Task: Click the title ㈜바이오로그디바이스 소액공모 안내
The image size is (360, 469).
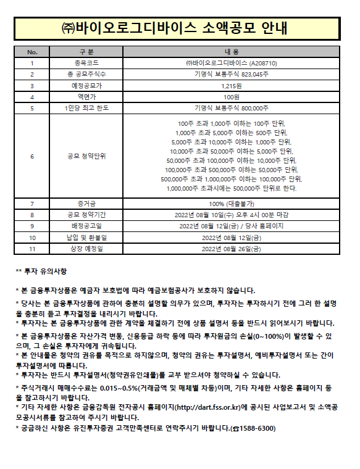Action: [180, 29]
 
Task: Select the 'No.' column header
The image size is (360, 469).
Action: [33, 52]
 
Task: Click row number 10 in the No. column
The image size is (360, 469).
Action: [33, 238]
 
